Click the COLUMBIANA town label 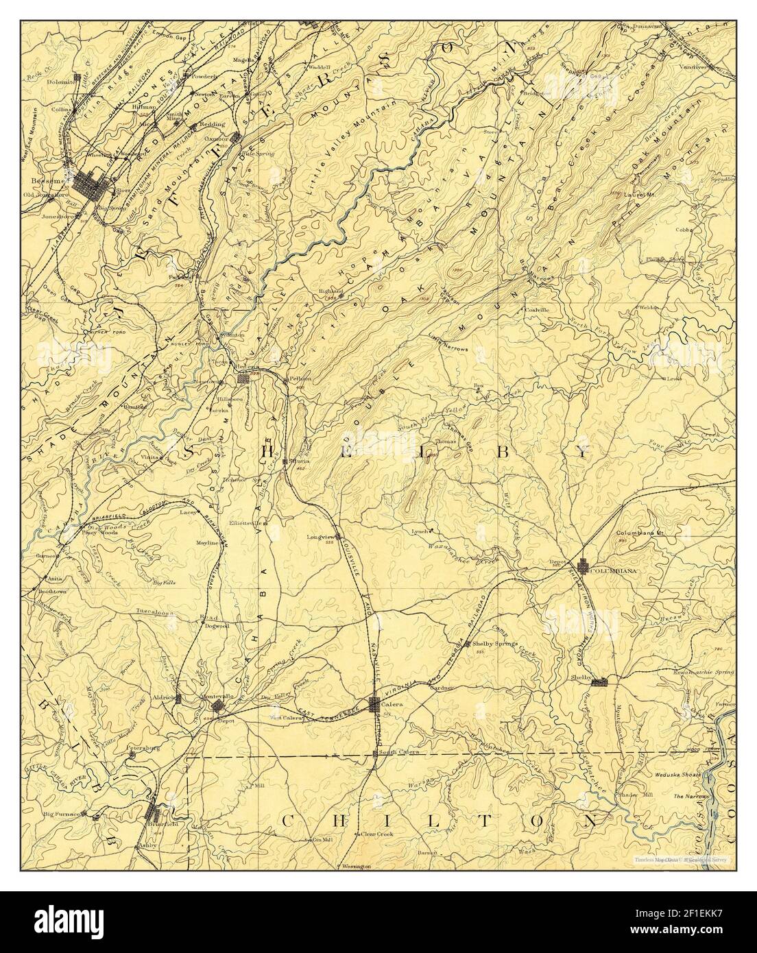tap(614, 570)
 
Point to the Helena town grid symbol tap(243, 378)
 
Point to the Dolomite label tap(60, 82)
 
